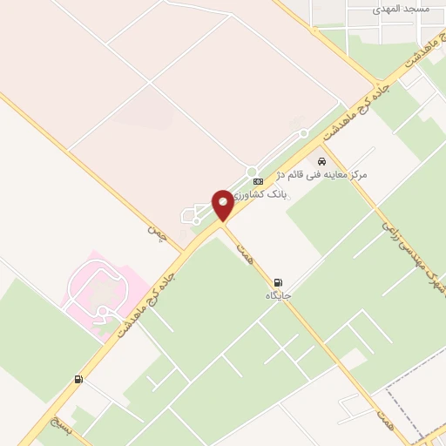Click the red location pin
223,206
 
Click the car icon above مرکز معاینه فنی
322,161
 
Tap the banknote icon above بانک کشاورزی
258,181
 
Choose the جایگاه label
279,296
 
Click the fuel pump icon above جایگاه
278,282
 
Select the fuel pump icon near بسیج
79,379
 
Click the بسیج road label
57,422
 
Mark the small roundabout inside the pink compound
103,311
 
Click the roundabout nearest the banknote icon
252,171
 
